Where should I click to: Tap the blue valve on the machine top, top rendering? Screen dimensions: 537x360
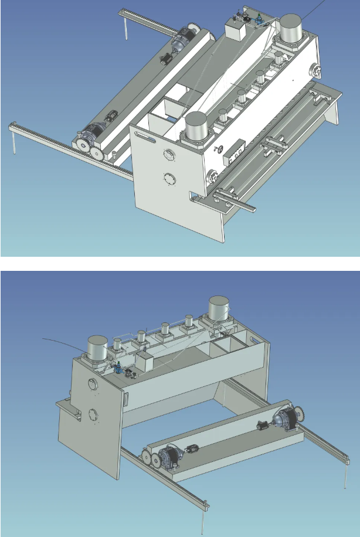coord(258,24)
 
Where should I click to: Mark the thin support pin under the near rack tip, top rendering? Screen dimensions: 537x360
coord(13,143)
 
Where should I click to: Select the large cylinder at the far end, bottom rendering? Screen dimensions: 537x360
coord(219,309)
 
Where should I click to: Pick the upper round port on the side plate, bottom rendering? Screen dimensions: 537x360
coord(92,385)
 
